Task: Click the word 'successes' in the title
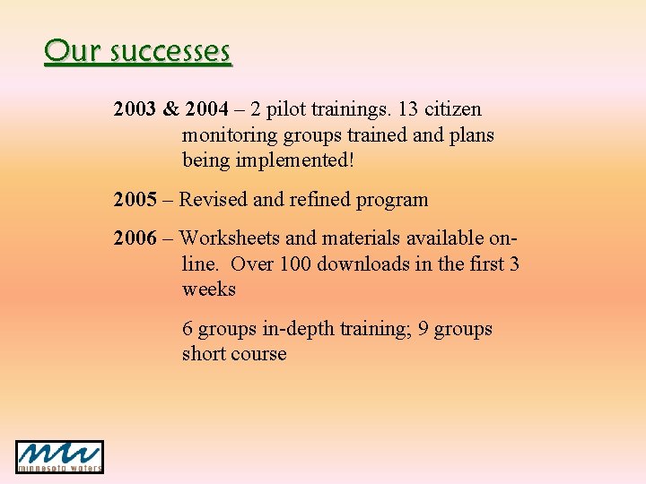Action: click(x=170, y=51)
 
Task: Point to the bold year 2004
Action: click(x=206, y=109)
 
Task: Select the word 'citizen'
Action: click(x=453, y=109)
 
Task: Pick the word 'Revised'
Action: click(x=214, y=199)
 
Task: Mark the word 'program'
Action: click(x=392, y=199)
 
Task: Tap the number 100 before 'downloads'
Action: click(x=296, y=264)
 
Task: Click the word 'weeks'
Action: click(x=209, y=290)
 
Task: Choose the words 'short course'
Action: click(x=234, y=354)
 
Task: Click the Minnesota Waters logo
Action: click(x=59, y=456)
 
